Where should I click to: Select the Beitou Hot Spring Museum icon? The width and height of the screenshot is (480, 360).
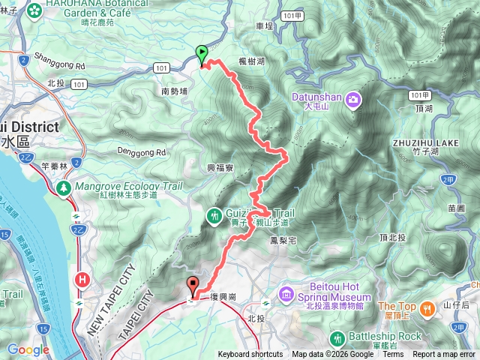click(285, 291)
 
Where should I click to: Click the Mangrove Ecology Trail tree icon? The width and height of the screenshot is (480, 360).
click(65, 186)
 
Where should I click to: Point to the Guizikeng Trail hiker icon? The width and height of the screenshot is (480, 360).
click(215, 216)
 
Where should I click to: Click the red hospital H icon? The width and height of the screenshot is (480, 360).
click(81, 279)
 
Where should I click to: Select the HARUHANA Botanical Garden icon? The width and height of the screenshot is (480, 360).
click(34, 10)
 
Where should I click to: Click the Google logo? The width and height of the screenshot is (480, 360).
click(28, 349)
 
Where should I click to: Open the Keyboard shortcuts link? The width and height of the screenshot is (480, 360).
click(250, 355)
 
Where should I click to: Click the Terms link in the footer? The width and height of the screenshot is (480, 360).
click(392, 355)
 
